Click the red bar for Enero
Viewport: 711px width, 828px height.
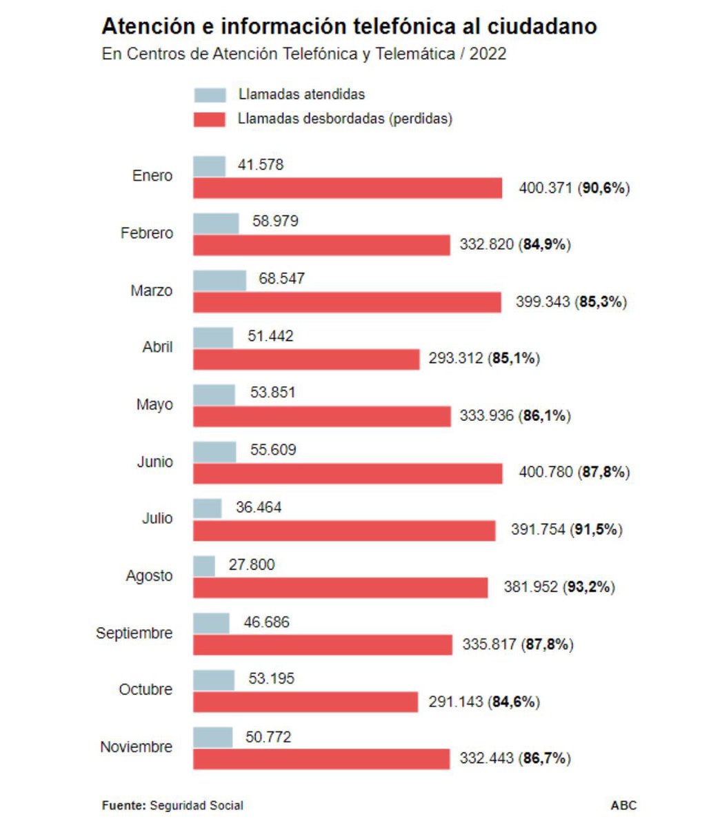[348, 188]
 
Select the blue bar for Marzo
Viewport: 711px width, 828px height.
[219, 280]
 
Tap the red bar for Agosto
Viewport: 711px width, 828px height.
[340, 587]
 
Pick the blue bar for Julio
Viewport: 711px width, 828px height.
[207, 509]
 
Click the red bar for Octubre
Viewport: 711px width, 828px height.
[306, 702]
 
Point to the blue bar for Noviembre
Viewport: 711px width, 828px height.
[212, 737]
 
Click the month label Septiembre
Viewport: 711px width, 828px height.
[134, 633]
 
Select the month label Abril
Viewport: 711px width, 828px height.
[157, 346]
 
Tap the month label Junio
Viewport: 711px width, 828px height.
[154, 462]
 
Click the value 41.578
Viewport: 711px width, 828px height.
[260, 165]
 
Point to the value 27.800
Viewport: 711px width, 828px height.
[252, 565]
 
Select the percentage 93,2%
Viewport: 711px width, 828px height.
[590, 587]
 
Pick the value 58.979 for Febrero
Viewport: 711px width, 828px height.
[275, 222]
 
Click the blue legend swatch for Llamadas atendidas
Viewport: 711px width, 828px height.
[210, 95]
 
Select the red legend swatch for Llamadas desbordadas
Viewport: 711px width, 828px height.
[210, 119]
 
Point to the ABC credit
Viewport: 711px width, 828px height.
[623, 805]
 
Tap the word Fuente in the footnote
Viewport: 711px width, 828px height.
[123, 805]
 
